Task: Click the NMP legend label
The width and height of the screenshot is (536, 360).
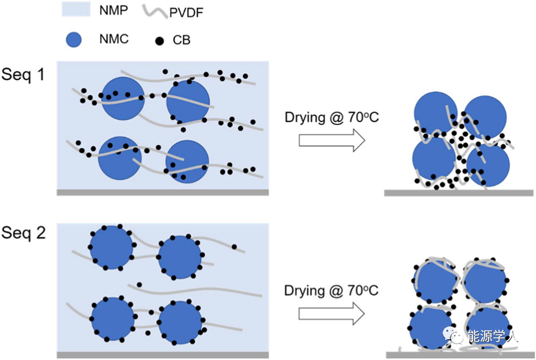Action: click(x=113, y=11)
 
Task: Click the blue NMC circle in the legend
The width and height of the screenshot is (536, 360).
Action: click(x=73, y=40)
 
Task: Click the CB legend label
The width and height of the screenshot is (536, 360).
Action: click(x=182, y=41)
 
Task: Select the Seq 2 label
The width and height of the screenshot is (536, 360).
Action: click(x=23, y=234)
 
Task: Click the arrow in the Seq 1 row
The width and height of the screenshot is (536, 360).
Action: click(x=331, y=140)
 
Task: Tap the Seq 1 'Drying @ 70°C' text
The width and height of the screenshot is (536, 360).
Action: click(x=332, y=117)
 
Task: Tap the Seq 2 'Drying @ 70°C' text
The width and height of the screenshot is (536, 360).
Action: click(x=332, y=290)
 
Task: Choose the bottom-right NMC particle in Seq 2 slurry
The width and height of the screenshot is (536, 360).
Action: click(x=180, y=322)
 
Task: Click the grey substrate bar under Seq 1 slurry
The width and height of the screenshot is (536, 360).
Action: click(x=163, y=192)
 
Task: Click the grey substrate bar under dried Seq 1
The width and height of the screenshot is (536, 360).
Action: click(x=459, y=193)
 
